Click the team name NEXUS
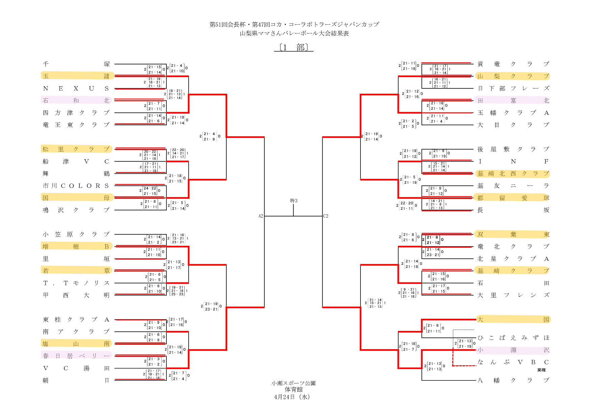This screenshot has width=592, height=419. [76, 89]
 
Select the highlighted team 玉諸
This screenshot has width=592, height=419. [76, 76]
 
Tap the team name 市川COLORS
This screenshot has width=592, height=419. [76, 186]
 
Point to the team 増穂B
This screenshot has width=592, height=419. [76, 247]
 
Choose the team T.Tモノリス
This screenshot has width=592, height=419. [76, 283]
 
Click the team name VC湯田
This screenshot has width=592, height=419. [76, 368]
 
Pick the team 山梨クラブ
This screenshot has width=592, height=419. [513, 76]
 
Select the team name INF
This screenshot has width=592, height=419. [513, 162]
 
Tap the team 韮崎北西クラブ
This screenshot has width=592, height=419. [513, 174]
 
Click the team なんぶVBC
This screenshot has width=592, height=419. [513, 362]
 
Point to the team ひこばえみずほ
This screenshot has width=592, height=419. [513, 338]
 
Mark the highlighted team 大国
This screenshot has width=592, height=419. [513, 320]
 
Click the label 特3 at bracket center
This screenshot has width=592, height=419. [294, 201]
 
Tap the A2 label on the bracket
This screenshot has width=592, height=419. [261, 216]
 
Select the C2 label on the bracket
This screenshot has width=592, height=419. [326, 216]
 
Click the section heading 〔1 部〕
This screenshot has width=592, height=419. [294, 48]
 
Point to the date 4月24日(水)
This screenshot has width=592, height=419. [292, 397]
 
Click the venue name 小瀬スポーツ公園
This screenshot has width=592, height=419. [293, 383]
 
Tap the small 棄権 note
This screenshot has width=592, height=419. [541, 370]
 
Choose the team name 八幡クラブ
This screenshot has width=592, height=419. [513, 380]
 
